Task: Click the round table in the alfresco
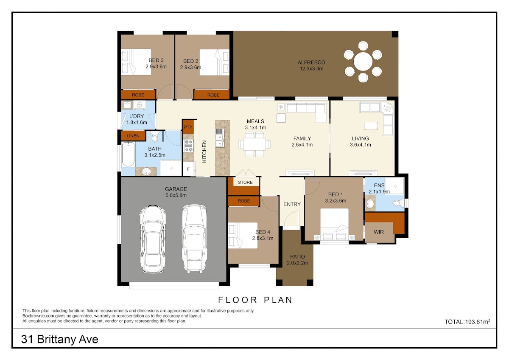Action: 363,62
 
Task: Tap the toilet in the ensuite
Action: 398,203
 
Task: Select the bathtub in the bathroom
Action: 128,154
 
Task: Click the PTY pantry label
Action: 188,127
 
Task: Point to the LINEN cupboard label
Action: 133,136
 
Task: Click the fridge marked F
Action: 189,169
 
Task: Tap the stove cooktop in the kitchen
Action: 189,146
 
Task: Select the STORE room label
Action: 245,183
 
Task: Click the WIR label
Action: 378,232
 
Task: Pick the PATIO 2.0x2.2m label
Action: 297,260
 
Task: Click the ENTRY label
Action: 292,204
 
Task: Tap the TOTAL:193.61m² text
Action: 467,321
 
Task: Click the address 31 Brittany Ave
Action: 59,339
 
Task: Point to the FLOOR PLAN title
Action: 255,300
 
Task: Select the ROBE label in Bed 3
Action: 138,95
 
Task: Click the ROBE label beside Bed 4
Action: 243,201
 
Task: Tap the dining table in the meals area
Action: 255,144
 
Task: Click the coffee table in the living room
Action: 371,126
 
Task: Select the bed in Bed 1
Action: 334,224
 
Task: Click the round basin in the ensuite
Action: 370,203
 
